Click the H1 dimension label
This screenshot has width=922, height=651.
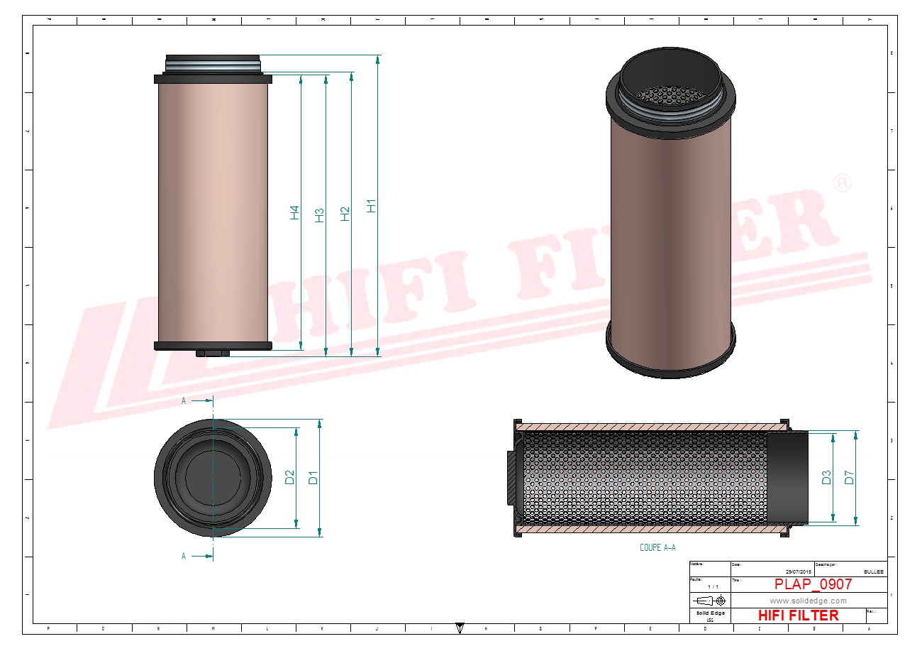point(370,206)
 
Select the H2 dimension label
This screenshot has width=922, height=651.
point(345,213)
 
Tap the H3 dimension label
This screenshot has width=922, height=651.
point(319,215)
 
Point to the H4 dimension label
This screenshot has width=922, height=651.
point(294,212)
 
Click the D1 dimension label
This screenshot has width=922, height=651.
point(313,478)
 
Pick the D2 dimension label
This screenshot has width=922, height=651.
point(289,478)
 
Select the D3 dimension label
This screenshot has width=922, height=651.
point(826,478)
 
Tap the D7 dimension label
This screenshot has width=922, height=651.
point(850,478)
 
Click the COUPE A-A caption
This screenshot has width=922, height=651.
point(657,547)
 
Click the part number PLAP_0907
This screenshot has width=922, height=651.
point(813,584)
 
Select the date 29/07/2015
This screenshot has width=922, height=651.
point(798,571)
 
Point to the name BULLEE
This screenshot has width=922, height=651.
point(874,571)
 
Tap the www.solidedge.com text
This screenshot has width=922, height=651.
point(808,601)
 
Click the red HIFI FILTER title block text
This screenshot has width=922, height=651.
point(798,616)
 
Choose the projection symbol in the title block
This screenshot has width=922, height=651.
point(710,601)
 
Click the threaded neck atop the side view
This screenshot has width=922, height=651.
point(213,64)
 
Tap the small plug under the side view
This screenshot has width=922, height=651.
point(212,353)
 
